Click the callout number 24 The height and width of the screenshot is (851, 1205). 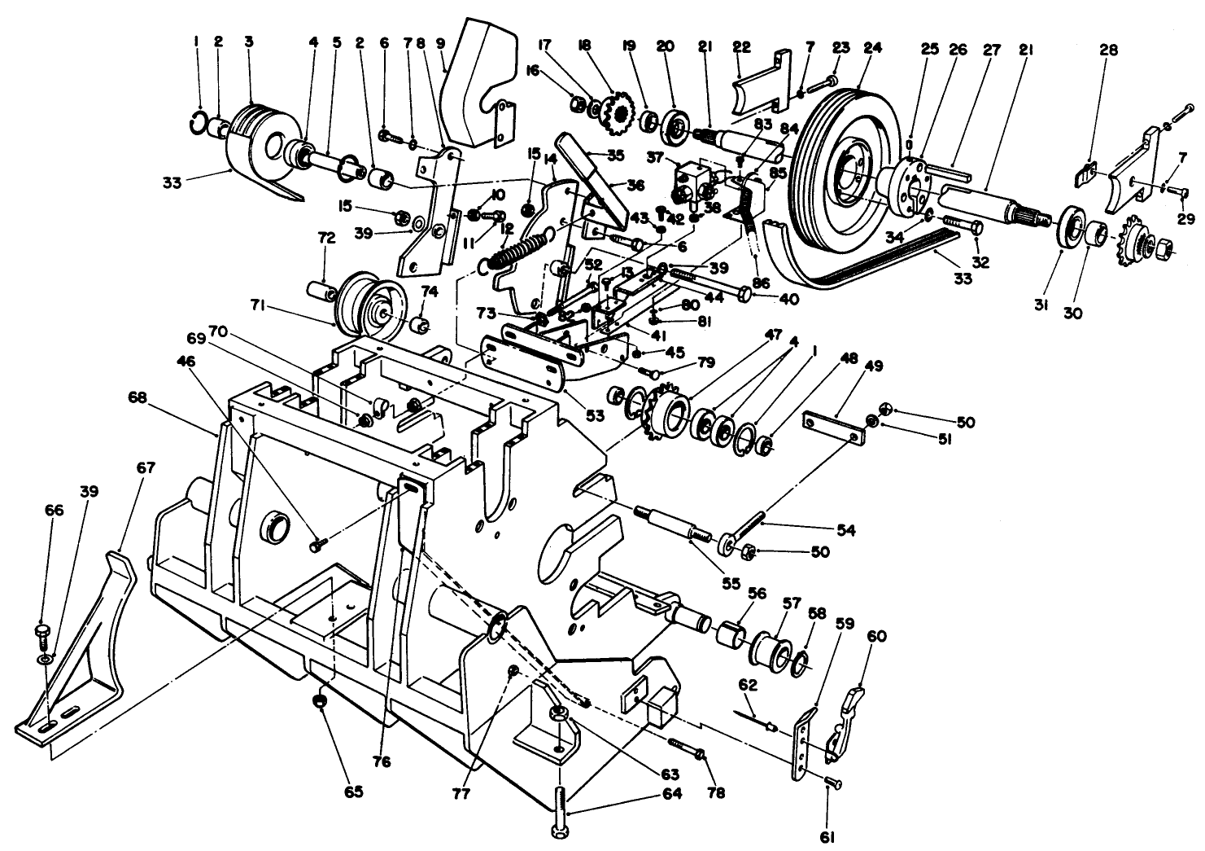[872, 48]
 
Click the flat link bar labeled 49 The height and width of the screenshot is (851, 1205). [832, 426]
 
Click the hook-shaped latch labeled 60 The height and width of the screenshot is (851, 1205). [845, 717]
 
